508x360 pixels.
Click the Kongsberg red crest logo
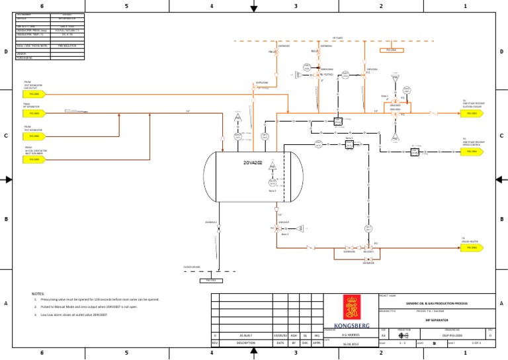tap(351, 308)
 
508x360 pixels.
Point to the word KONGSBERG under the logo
tap(351, 324)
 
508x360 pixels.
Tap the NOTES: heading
tap(38, 292)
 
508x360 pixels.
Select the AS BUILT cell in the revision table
tap(245, 335)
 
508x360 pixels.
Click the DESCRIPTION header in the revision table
tap(245, 343)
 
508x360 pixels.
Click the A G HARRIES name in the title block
tap(351, 335)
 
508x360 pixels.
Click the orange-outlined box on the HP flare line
tap(390, 50)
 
